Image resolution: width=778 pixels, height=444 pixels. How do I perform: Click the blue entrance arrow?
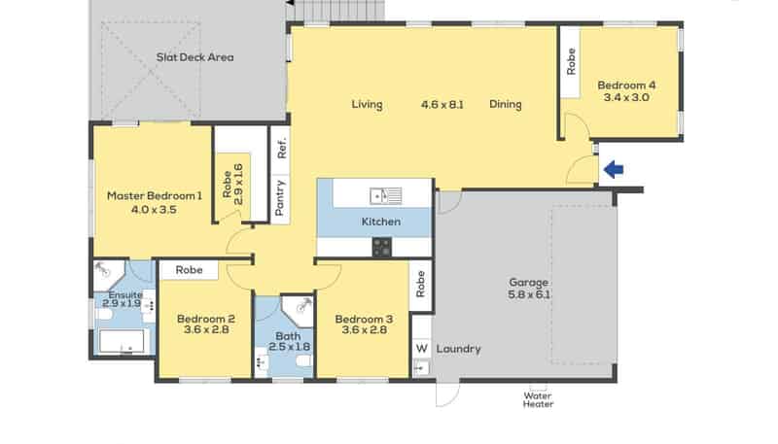[x=614, y=171]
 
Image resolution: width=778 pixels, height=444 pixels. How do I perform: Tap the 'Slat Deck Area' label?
[x=194, y=57]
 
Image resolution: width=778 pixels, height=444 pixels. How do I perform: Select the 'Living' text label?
[x=367, y=105]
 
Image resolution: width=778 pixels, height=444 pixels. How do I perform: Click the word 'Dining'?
[x=506, y=105]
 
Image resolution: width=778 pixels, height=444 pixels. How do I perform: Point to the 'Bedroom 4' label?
[x=626, y=85]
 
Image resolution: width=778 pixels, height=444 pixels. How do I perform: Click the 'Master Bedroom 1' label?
[x=155, y=195]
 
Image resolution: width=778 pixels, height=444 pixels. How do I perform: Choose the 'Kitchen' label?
[x=381, y=222]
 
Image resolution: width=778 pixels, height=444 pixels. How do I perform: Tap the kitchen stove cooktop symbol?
[x=381, y=248]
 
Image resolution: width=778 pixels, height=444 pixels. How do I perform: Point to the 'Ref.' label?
[x=281, y=149]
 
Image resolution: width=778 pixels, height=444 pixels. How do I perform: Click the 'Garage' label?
[x=528, y=284]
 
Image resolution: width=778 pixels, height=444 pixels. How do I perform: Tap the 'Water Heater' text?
[x=538, y=400]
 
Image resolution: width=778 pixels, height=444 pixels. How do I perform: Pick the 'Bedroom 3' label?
[x=363, y=319]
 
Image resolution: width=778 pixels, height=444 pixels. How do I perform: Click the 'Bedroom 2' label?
[x=205, y=319]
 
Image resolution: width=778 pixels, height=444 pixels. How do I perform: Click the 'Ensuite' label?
[x=125, y=294]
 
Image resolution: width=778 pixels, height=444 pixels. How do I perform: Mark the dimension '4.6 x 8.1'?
[x=441, y=105]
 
